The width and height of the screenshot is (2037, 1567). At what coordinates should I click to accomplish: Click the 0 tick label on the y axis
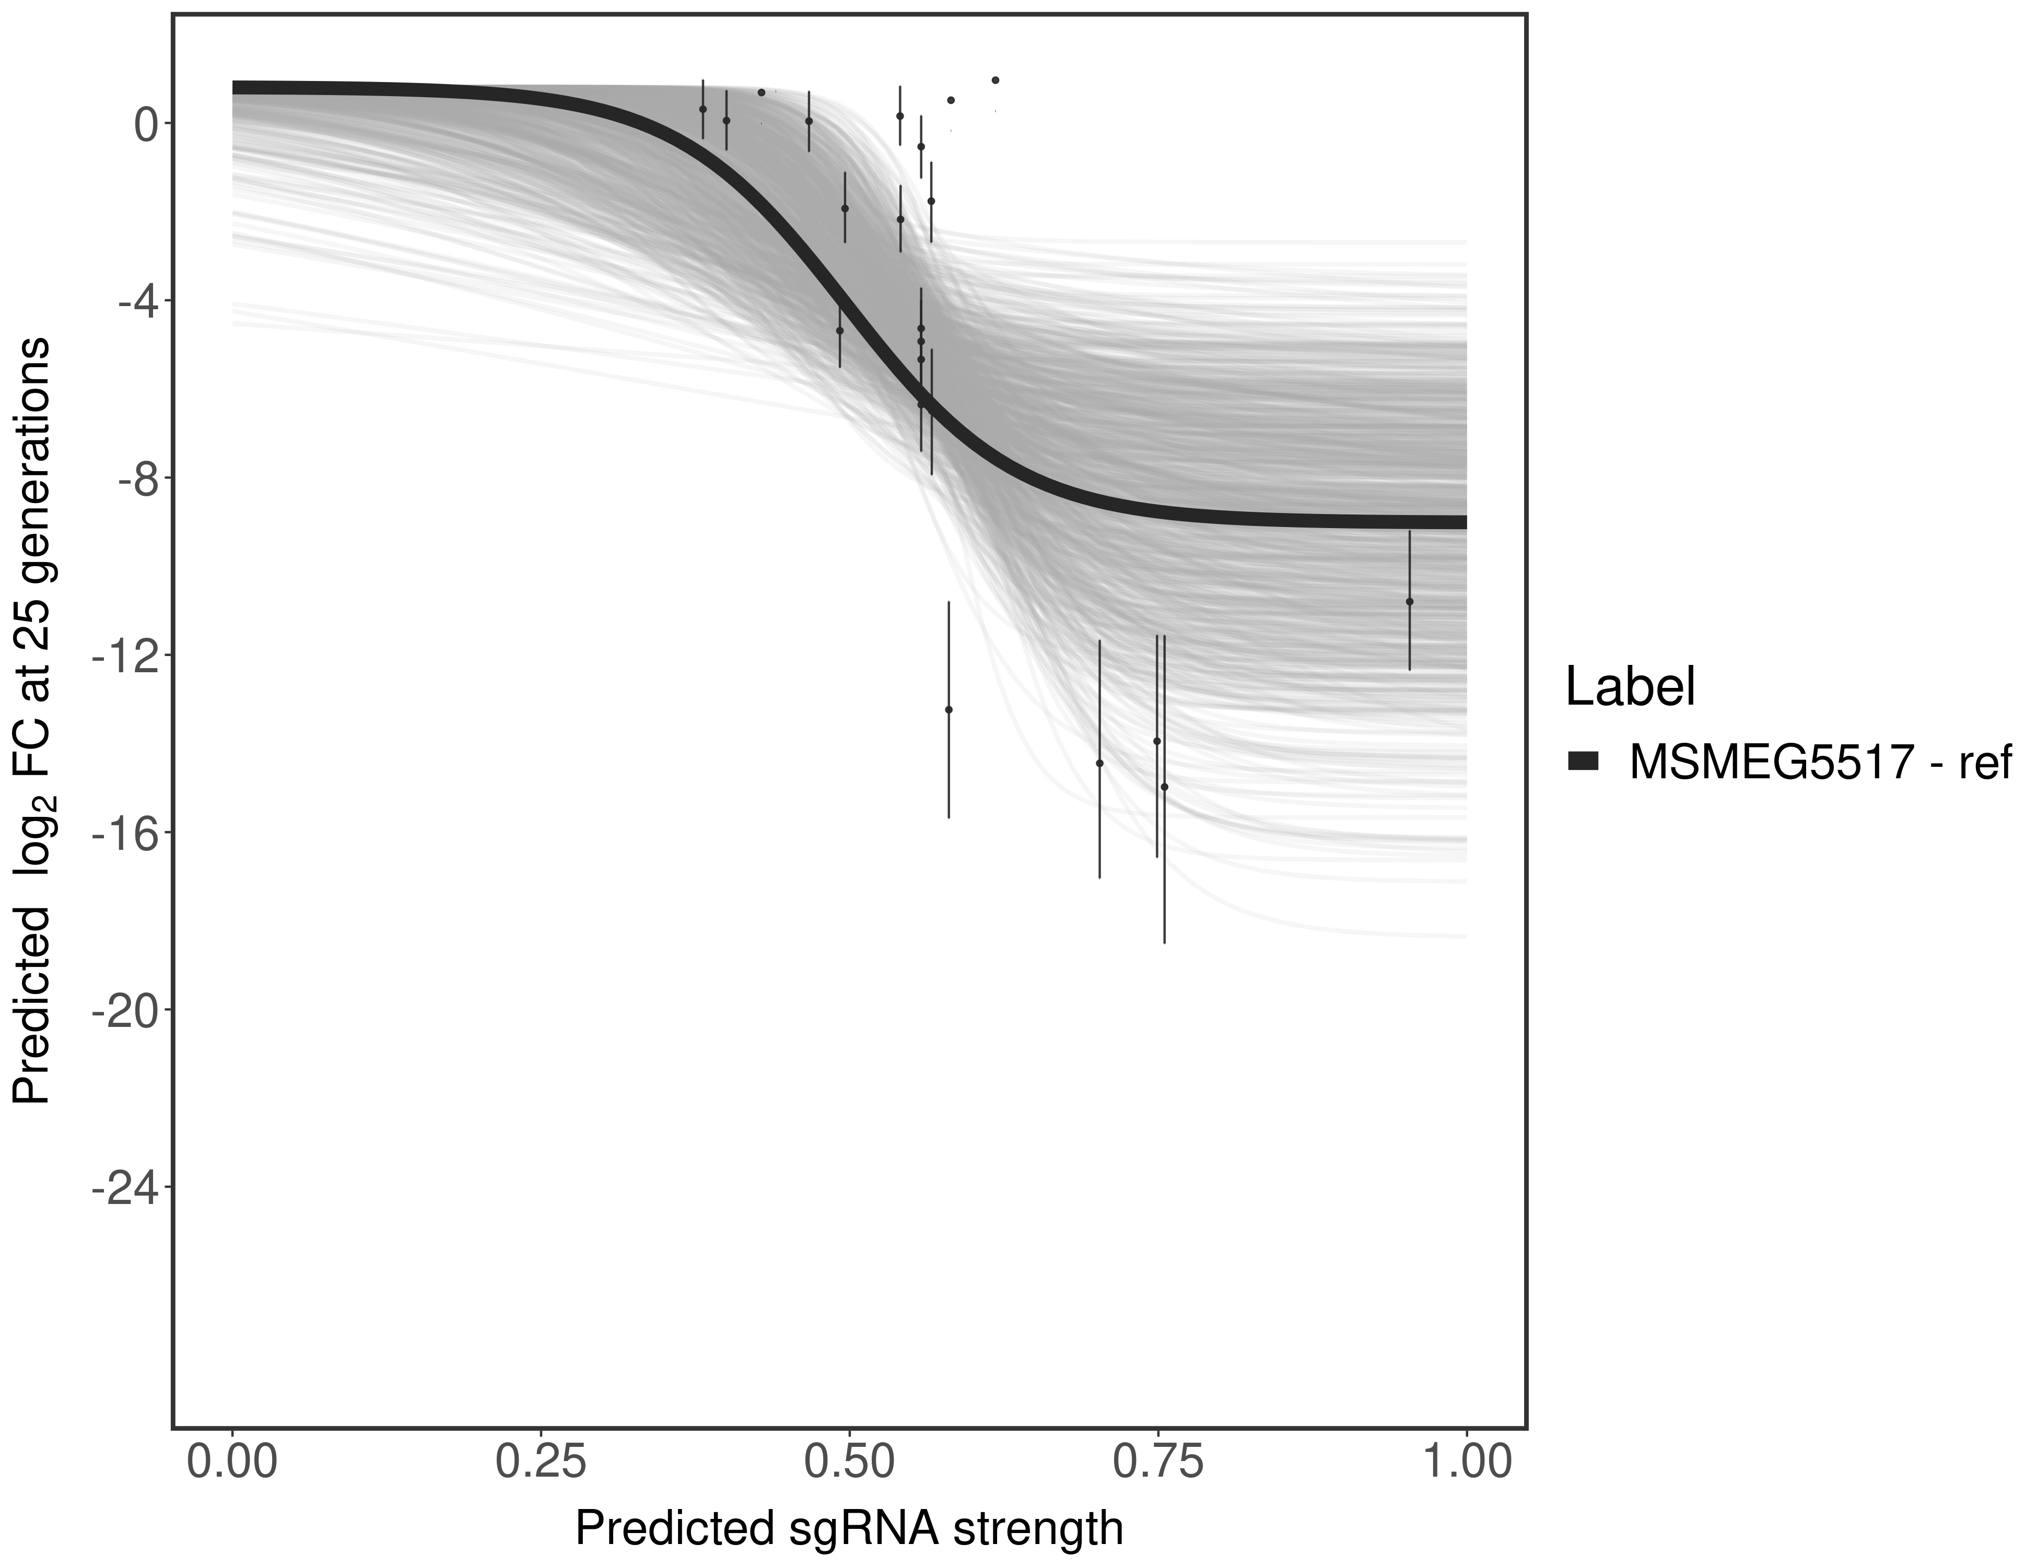[x=146, y=124]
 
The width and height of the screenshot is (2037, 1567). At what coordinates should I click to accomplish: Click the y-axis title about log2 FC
[x=32, y=721]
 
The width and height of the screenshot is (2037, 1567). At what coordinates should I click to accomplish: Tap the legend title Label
[x=1630, y=687]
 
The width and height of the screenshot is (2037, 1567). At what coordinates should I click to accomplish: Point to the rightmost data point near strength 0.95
[x=1409, y=602]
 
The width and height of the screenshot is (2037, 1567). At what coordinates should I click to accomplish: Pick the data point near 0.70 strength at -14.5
[x=1099, y=763]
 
